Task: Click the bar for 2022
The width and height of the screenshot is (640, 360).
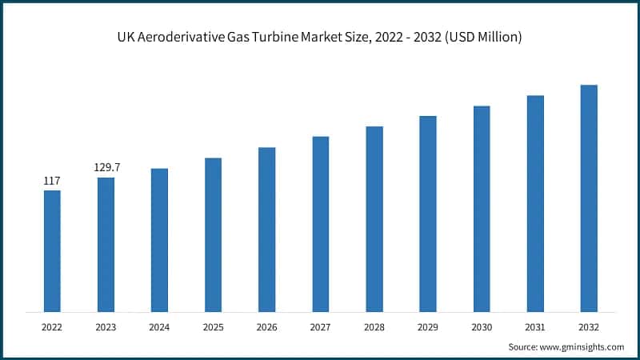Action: [52, 250]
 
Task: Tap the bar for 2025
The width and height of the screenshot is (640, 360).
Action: [213, 234]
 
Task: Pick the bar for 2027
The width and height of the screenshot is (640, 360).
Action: [320, 224]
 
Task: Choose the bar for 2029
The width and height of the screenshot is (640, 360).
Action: [428, 214]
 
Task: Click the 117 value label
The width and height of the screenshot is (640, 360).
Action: [52, 182]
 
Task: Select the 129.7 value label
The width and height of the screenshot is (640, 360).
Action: [106, 168]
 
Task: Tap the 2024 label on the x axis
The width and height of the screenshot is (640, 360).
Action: [159, 327]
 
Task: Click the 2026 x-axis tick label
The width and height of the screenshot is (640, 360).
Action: [266, 327]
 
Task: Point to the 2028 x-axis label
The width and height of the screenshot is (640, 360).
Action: [374, 327]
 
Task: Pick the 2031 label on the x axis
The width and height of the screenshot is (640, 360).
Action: [535, 327]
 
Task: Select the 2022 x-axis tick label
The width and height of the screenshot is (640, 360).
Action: [52, 327]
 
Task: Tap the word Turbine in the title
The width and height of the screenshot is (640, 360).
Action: [274, 38]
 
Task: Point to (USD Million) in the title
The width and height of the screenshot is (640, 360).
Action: [487, 38]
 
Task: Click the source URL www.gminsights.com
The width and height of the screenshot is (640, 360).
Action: [582, 346]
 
